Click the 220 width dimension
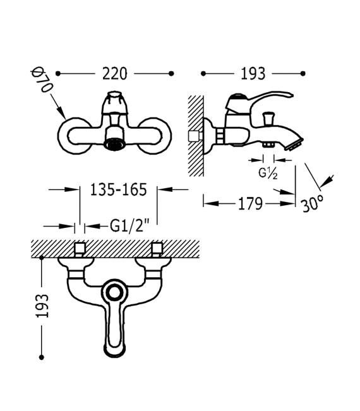click(x=114, y=74)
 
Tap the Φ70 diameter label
click(x=42, y=80)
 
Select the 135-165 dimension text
click(x=118, y=189)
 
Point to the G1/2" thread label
click(x=129, y=225)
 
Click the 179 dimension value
click(x=250, y=203)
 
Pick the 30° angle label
click(x=313, y=203)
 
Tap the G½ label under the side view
click(x=268, y=173)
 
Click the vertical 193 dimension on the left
click(x=42, y=306)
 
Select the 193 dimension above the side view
click(x=253, y=74)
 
